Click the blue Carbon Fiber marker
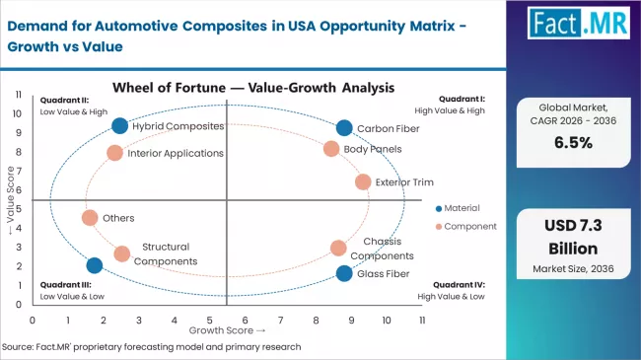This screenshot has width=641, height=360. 343,127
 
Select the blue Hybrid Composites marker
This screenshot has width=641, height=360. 120,125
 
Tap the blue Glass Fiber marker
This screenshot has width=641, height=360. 343,273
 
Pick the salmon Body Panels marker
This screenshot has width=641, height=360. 331,149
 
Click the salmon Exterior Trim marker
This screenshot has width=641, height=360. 362,181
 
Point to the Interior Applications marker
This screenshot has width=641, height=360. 114,153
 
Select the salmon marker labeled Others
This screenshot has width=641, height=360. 90,218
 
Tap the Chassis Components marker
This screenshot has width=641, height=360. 338,249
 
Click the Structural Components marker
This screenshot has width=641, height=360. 121,253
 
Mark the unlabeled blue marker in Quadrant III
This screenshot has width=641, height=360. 95,265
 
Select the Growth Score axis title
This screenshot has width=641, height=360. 226,330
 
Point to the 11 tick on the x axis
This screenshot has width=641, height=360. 422,320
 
